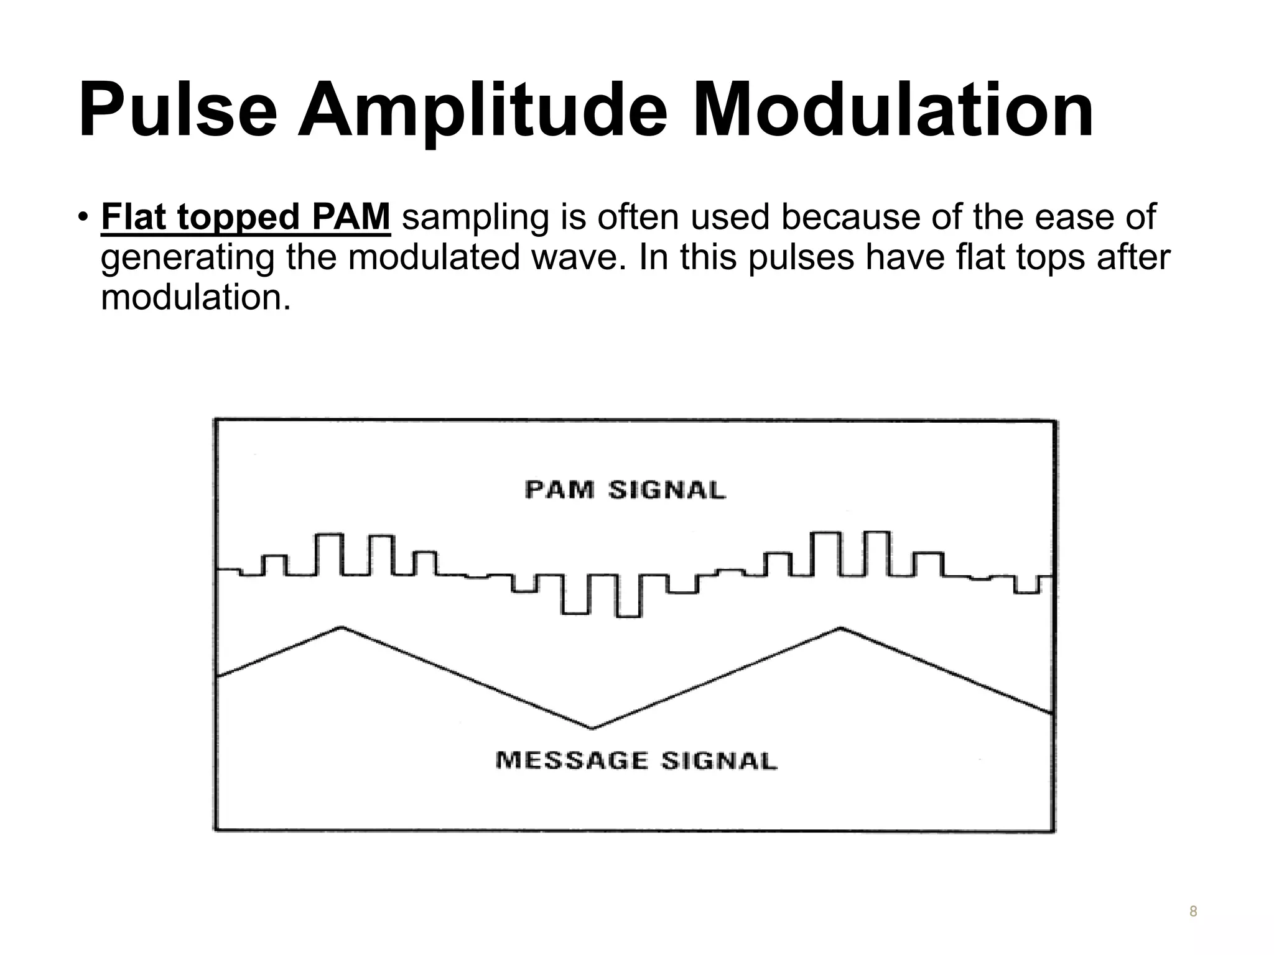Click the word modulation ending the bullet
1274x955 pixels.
(x=195, y=297)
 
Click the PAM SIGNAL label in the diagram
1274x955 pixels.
(x=625, y=490)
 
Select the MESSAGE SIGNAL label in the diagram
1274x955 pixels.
(x=636, y=760)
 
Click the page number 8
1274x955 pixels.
(x=1193, y=911)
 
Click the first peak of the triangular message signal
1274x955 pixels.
(x=341, y=628)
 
